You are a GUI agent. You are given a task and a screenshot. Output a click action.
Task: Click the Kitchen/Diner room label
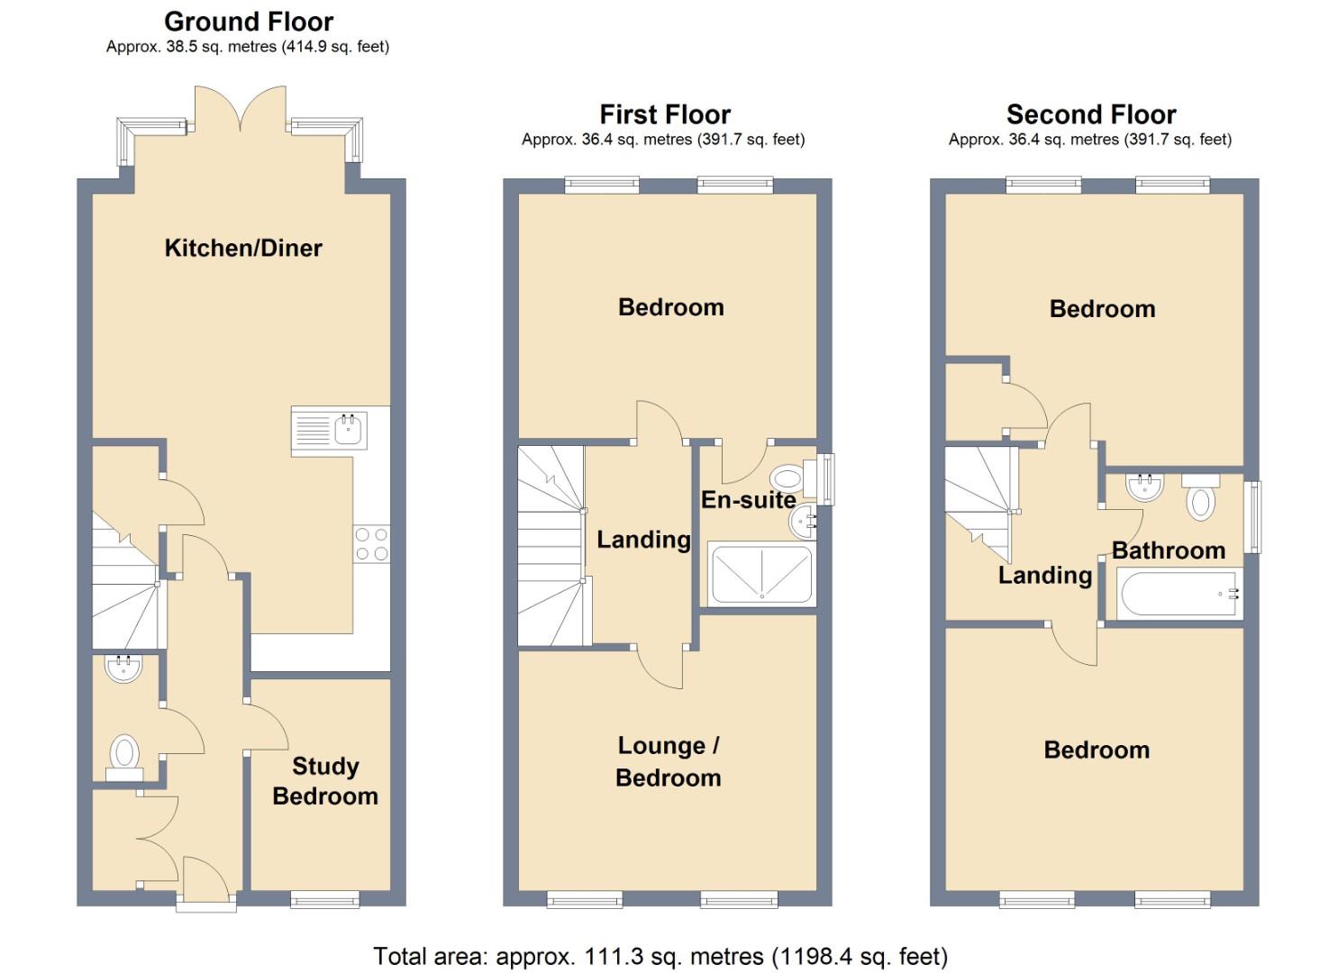(243, 248)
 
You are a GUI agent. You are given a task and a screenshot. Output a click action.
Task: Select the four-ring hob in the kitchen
(371, 543)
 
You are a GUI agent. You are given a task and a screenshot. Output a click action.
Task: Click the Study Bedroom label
(325, 781)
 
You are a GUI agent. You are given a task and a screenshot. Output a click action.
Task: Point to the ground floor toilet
(125, 757)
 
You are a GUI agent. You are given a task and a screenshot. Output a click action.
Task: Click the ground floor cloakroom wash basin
(123, 668)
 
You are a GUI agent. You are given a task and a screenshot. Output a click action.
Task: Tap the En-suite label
(748, 499)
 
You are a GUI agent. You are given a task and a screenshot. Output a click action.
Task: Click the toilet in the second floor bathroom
(1201, 497)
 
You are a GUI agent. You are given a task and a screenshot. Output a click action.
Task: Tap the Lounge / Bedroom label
(669, 761)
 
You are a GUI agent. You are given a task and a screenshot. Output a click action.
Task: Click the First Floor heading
(665, 114)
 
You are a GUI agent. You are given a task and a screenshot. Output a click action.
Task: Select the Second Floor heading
(1091, 114)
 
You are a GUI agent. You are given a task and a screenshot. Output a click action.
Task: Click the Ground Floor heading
(249, 22)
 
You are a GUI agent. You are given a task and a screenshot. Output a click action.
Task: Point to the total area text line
(660, 956)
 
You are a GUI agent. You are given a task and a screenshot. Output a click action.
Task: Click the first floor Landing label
(644, 540)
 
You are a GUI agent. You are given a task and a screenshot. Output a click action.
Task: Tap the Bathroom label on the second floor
(1169, 550)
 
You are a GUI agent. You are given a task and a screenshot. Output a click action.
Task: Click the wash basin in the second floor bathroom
(1144, 486)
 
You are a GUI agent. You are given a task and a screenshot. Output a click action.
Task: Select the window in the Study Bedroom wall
(325, 899)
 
